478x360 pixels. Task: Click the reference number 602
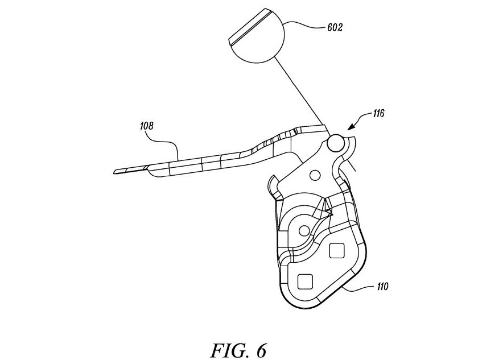click(x=335, y=27)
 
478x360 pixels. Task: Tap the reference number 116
click(x=378, y=114)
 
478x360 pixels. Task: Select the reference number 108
click(x=147, y=126)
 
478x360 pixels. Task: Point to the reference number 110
click(x=382, y=287)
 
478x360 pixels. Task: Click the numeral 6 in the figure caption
click(x=261, y=351)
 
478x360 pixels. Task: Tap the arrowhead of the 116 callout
click(x=352, y=127)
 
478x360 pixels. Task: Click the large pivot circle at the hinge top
click(x=336, y=142)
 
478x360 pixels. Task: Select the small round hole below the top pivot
click(x=315, y=175)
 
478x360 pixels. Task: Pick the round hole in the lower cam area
click(x=304, y=231)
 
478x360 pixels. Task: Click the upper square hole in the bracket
click(x=336, y=250)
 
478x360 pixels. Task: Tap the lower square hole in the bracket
click(x=305, y=281)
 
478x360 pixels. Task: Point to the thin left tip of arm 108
click(x=114, y=172)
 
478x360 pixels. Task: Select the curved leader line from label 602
click(x=306, y=24)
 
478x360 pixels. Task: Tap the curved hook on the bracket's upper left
click(x=272, y=184)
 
